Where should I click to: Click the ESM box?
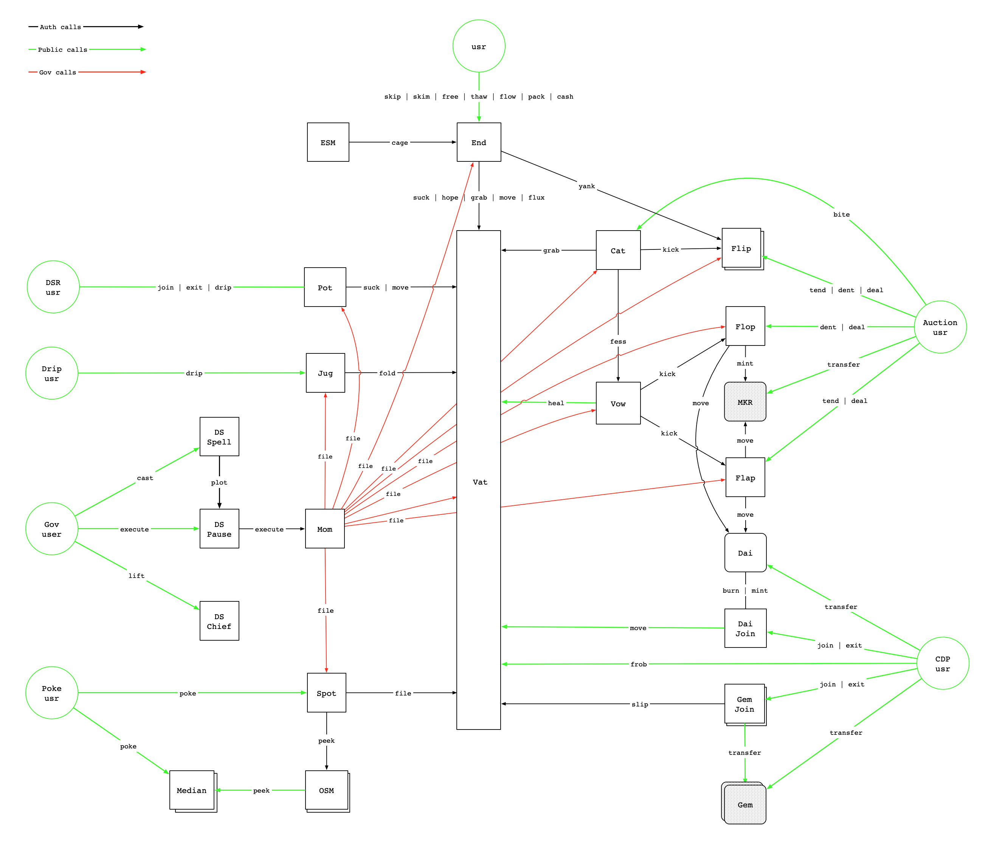coord(328,142)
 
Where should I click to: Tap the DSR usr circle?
coord(53,287)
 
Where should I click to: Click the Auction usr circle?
coord(940,327)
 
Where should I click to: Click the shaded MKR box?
coord(744,402)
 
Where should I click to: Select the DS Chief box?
coord(219,621)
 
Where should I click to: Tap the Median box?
coord(191,790)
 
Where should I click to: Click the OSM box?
coord(326,790)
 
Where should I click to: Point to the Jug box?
coord(325,373)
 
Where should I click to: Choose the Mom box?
coord(325,529)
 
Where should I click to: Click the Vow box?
coord(618,403)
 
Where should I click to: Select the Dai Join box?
coord(745,628)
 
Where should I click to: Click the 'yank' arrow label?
coord(586,186)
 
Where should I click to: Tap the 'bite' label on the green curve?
coord(841,214)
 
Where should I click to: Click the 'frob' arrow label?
coord(639,664)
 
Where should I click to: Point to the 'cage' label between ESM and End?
coord(400,142)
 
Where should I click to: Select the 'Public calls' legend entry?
coord(62,50)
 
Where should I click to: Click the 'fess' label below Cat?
coord(618,341)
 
